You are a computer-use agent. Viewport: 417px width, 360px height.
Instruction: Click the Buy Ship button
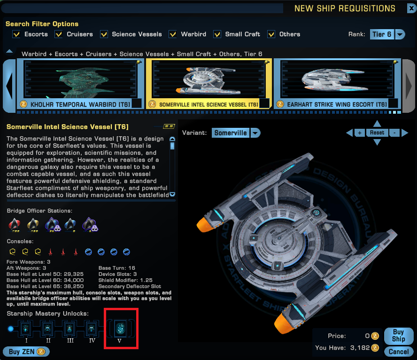pos(398,336)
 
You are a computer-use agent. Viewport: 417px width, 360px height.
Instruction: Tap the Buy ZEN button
pos(26,352)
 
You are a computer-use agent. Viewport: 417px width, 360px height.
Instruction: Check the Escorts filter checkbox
pos(16,34)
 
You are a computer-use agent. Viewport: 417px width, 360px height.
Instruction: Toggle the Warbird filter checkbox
pos(173,34)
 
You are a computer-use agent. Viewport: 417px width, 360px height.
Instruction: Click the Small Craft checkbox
pos(217,34)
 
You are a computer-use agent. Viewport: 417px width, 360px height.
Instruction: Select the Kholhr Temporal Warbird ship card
pos(80,84)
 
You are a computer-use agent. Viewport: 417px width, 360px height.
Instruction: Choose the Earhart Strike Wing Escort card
pos(338,84)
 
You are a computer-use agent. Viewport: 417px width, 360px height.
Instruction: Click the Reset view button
pos(377,133)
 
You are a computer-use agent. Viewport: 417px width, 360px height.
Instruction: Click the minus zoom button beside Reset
pos(394,133)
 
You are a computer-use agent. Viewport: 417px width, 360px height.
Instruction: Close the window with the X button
pos(412,8)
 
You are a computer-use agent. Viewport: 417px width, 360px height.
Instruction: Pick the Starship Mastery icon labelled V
pos(121,328)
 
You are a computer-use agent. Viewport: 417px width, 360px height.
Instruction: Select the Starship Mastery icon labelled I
pos(26,329)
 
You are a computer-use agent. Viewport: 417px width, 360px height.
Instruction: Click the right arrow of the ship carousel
pos(409,86)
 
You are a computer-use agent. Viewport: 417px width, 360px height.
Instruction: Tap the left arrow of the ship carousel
pos(9,86)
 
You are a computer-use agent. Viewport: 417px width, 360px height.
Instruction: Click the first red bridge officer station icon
pos(15,225)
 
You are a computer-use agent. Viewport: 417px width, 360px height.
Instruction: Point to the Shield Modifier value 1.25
pos(146,280)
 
